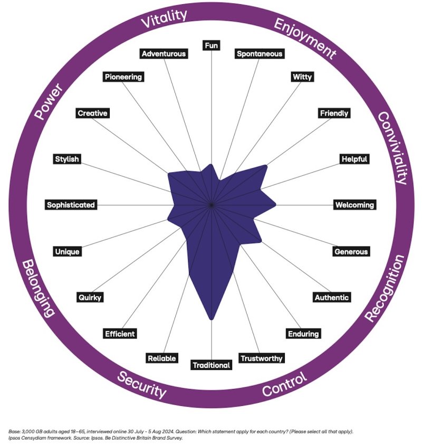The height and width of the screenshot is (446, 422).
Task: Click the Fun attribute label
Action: coord(211,45)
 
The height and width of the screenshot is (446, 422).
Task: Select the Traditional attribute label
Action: coord(211,365)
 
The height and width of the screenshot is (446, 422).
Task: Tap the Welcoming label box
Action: coord(354,205)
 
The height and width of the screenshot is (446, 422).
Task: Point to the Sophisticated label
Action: coord(71,205)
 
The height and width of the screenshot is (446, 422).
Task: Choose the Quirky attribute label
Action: coord(89,297)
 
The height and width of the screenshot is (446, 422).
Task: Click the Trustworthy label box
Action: coord(261,358)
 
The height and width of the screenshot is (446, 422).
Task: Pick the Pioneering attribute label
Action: coord(123,77)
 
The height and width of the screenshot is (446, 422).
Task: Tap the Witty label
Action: coord(302,77)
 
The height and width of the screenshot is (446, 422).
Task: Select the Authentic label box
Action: coord(331,297)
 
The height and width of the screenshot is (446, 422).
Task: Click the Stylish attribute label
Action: coord(67,159)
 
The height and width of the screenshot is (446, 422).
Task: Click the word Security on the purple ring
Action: coord(141,385)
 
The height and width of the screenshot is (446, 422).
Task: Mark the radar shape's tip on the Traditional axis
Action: coord(212,319)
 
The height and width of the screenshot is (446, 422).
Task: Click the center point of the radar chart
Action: coord(211,205)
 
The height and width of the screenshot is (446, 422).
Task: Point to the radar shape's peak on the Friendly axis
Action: coord(265,167)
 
